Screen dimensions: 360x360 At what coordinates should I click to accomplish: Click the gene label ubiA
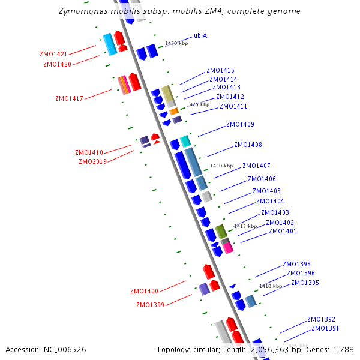pyautogui.click(x=200, y=35)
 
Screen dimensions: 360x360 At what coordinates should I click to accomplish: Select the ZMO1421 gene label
pyautogui.click(x=54, y=54)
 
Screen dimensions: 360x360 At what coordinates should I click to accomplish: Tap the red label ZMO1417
pyautogui.click(x=69, y=98)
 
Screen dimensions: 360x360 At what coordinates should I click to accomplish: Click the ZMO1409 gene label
pyautogui.click(x=240, y=125)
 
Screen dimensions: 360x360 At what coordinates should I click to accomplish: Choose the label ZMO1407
pyautogui.click(x=256, y=166)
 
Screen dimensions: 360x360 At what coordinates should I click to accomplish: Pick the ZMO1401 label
pyautogui.click(x=282, y=231)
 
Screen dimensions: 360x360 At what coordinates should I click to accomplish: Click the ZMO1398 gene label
pyautogui.click(x=296, y=264)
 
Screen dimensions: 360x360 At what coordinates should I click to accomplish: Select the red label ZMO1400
pyautogui.click(x=144, y=291)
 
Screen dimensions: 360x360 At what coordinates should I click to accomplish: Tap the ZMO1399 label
pyautogui.click(x=150, y=305)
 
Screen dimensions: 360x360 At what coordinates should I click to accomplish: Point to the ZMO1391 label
pyautogui.click(x=325, y=328)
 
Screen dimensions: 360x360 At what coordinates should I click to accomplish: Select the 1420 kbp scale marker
pyautogui.click(x=221, y=166)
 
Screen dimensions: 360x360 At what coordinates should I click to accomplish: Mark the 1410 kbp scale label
pyautogui.click(x=270, y=286)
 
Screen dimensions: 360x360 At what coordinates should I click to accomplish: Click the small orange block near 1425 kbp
pyautogui.click(x=174, y=111)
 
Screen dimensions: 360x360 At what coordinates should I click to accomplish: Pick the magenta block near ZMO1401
pyautogui.click(x=228, y=248)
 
